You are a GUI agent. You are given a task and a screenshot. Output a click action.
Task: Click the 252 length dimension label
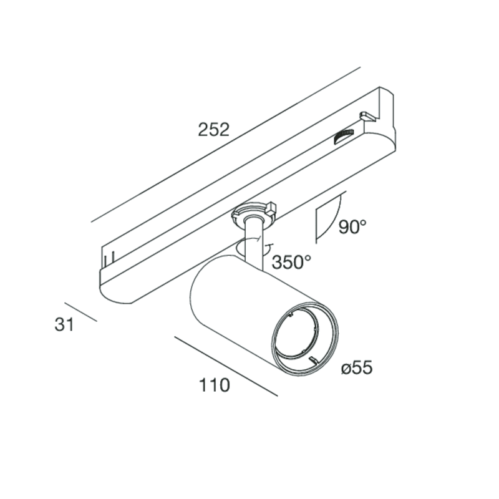213,130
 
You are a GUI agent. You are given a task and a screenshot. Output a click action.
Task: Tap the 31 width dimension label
64,324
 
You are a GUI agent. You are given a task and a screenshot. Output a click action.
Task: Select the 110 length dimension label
214,385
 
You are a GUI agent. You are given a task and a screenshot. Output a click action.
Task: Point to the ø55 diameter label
357,368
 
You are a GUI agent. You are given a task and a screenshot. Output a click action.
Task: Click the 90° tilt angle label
352,227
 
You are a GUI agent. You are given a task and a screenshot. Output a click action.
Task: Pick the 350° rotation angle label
291,262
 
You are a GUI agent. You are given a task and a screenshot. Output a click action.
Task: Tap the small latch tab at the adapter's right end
367,116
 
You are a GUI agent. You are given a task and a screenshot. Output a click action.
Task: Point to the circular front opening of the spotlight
304,339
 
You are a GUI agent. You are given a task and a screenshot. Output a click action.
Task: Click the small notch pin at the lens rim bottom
314,360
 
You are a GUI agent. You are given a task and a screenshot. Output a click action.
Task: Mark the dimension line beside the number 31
80,312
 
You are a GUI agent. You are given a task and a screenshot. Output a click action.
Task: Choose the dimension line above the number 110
226,366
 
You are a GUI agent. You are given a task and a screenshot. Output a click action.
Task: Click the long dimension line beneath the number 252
226,145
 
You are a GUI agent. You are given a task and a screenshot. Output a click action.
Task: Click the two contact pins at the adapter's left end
109,260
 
